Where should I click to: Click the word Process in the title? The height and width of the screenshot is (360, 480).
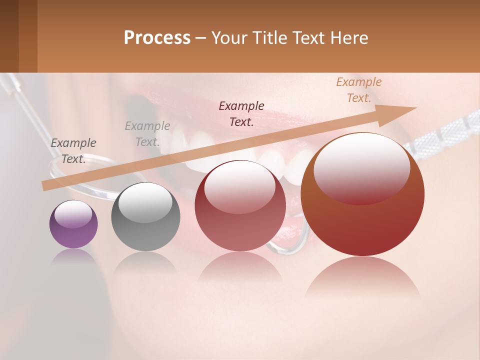157,38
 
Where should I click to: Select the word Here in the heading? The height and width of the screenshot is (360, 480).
349,38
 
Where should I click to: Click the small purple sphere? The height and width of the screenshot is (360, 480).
73,224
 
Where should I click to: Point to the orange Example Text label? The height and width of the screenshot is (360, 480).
359,90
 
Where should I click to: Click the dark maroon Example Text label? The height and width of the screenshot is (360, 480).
241,114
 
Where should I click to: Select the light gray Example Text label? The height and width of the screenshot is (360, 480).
147,134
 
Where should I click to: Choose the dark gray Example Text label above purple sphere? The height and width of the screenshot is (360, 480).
73,151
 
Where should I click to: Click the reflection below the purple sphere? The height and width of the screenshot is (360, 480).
73,257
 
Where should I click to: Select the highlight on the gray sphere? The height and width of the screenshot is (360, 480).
145,202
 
